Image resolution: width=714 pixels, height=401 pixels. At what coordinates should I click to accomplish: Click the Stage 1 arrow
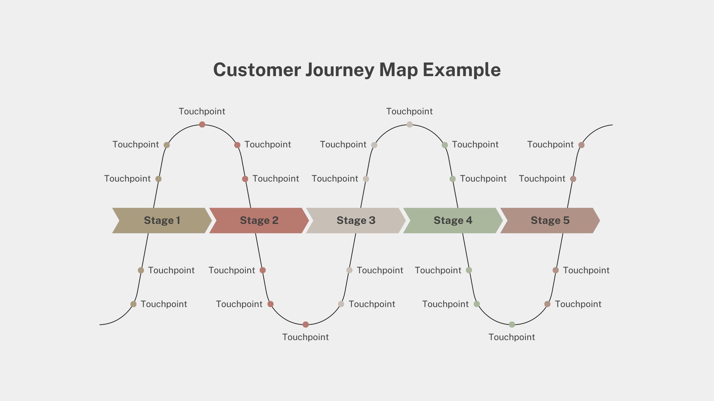pyautogui.click(x=162, y=221)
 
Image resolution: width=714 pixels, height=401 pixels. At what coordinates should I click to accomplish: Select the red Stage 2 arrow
pyautogui.click(x=259, y=221)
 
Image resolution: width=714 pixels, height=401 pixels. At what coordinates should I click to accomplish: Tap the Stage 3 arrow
pyautogui.click(x=356, y=221)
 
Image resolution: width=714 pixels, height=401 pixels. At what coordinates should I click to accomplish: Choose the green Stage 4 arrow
pyautogui.click(x=453, y=221)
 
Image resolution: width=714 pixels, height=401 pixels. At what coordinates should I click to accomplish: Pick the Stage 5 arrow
pyautogui.click(x=550, y=221)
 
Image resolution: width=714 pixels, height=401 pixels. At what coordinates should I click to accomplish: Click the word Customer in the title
pyautogui.click(x=257, y=70)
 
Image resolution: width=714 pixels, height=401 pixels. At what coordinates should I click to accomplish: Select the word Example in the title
pyautogui.click(x=461, y=70)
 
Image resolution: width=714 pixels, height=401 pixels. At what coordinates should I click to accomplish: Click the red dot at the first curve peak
pyautogui.click(x=202, y=124)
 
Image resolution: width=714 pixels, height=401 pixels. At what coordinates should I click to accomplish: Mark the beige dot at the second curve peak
pyautogui.click(x=409, y=124)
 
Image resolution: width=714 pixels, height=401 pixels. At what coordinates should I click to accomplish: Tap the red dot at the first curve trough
pyautogui.click(x=306, y=325)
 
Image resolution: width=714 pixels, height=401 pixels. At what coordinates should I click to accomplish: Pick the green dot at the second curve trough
pyautogui.click(x=512, y=325)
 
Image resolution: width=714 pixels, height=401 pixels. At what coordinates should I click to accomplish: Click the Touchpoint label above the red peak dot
pyautogui.click(x=202, y=111)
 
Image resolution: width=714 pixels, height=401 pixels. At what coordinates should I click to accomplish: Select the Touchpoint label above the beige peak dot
pyautogui.click(x=409, y=111)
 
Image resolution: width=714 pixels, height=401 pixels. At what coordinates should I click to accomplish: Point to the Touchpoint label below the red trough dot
pyautogui.click(x=305, y=337)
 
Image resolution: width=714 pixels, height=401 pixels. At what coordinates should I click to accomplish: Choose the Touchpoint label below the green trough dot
pyautogui.click(x=512, y=337)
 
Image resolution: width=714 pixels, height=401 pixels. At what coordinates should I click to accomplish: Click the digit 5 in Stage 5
pyautogui.click(x=566, y=221)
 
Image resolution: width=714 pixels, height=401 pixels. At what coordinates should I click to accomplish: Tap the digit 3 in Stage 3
pyautogui.click(x=372, y=221)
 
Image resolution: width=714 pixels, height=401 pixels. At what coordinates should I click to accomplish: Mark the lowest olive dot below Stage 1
pyautogui.click(x=133, y=304)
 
